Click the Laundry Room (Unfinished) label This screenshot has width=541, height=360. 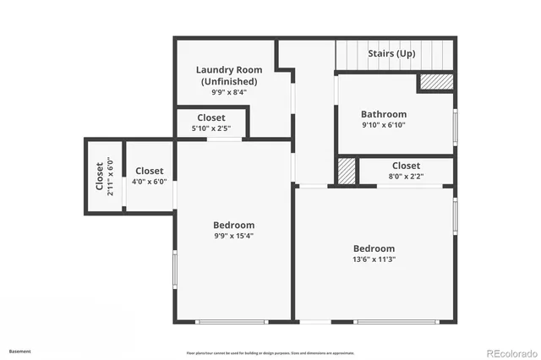tap(229, 75)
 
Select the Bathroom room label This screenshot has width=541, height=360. tap(383, 114)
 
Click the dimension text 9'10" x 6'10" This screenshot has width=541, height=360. tap(383, 125)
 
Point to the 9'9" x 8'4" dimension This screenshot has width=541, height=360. tap(229, 92)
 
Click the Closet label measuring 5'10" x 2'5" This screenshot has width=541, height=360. tap(210, 117)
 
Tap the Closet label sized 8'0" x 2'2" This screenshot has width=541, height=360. tap(406, 166)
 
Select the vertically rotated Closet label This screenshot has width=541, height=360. tap(99, 177)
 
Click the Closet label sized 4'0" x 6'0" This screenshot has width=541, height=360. tap(150, 171)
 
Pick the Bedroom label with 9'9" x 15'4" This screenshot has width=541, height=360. tap(233, 225)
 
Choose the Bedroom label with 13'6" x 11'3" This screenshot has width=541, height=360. tap(374, 248)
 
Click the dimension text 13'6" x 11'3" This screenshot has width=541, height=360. tap(374, 259)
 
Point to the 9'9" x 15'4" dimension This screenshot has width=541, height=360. tap(233, 236)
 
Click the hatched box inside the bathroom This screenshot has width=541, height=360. tap(436, 83)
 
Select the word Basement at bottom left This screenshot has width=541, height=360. tap(19, 351)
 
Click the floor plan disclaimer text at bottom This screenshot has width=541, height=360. tap(270, 352)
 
